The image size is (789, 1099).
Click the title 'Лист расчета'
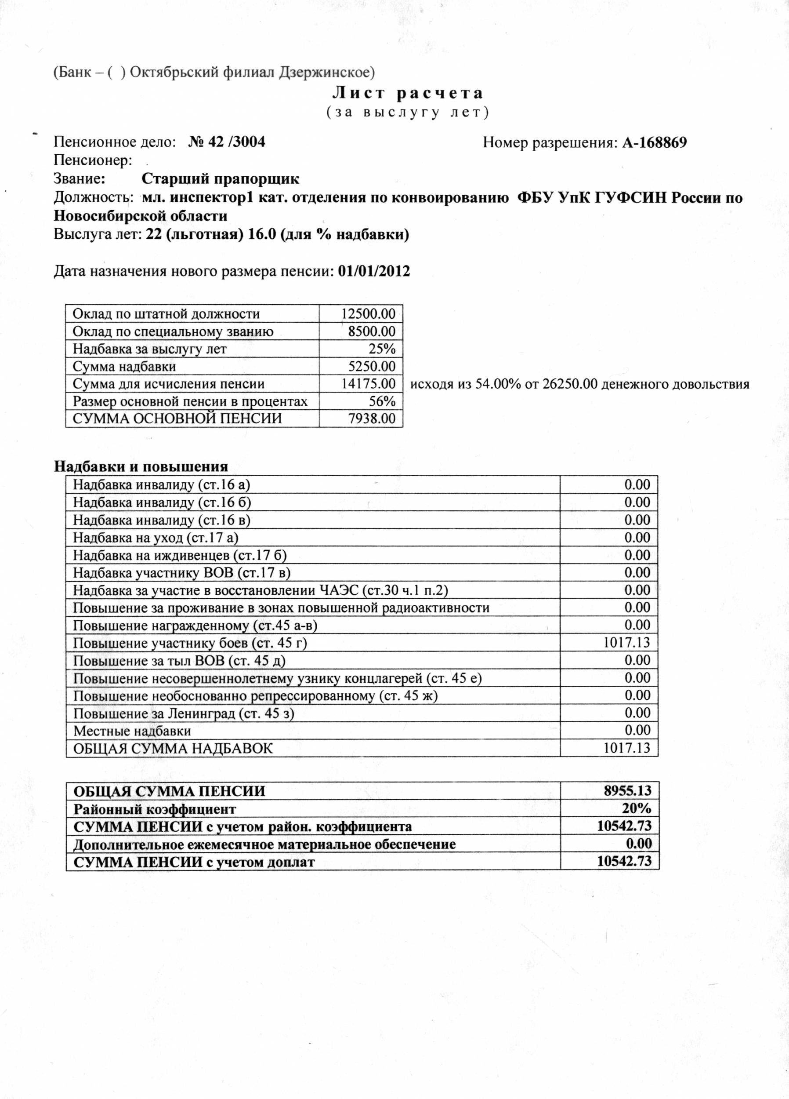tap(408, 93)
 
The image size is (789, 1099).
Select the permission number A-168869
tap(654, 142)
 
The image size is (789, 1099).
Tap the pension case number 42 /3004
tap(227, 142)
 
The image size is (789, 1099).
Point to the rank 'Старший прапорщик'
tap(221, 179)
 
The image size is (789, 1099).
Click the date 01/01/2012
tap(374, 271)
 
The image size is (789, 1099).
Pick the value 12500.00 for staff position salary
tap(368, 313)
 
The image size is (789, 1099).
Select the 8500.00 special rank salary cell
tap(372, 331)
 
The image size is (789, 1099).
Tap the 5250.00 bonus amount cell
tap(372, 366)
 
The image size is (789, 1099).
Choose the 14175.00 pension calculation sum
tap(368, 384)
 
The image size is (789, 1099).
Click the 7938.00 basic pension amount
tap(372, 418)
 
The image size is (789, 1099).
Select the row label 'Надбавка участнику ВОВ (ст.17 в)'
tap(181, 573)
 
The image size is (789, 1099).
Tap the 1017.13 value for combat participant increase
tap(626, 643)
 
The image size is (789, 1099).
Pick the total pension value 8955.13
tap(627, 791)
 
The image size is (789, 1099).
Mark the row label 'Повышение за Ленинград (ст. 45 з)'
tap(184, 713)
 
